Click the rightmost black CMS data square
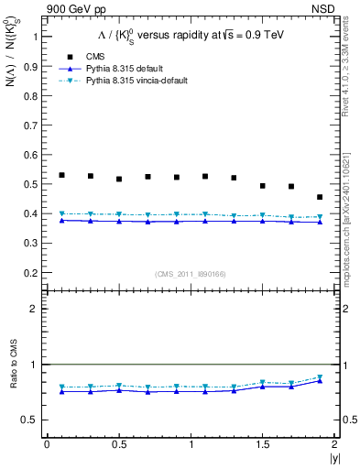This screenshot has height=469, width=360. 320,197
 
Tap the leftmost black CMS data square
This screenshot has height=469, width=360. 61,175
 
